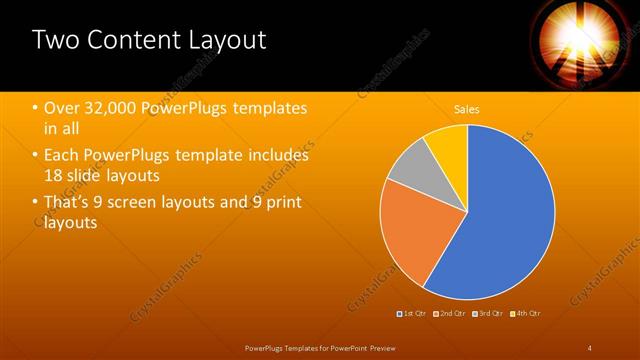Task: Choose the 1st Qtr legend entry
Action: point(413,313)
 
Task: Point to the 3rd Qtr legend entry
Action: point(490,313)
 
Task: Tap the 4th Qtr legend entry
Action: point(527,313)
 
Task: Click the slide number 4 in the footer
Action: point(589,347)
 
